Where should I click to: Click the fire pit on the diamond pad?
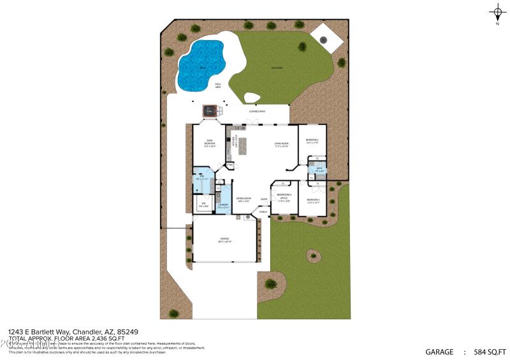coord(323,40)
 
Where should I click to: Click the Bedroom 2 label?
coord(312,141)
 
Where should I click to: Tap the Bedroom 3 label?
coord(312,201)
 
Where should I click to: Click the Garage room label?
coord(224,240)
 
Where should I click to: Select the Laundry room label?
coord(222,206)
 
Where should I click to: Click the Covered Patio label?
coord(258,111)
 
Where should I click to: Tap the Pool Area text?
coord(217,87)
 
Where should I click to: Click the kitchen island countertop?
coord(242,146)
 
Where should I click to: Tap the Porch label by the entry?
coord(263,212)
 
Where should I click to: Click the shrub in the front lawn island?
coord(312,256)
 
